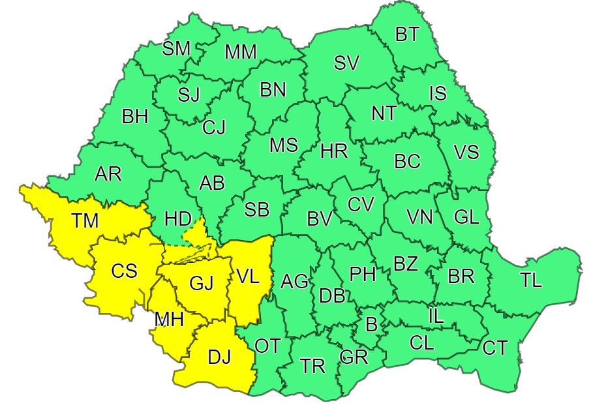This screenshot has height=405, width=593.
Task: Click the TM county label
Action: point(85,221)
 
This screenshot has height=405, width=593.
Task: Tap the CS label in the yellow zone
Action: point(123,270)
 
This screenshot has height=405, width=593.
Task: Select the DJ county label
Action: point(220,357)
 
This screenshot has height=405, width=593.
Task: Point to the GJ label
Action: point(202,284)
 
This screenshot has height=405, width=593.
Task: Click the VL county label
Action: point(247,276)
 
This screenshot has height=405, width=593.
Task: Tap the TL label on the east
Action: point(531,280)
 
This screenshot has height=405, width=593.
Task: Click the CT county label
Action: point(495,348)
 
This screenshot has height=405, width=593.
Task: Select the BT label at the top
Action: point(408,34)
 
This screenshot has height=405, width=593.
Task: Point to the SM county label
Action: point(176,48)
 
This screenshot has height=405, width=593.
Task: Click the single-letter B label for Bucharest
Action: point(371,324)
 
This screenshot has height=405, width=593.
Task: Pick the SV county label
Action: point(346,63)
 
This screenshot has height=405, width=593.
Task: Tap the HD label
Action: point(178,218)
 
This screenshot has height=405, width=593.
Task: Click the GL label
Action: point(466,217)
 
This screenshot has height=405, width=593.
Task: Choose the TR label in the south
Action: point(313,366)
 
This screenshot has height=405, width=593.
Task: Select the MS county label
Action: point(284,145)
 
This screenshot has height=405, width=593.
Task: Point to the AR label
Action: point(108,174)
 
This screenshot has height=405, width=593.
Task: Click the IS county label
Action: point(438,93)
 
